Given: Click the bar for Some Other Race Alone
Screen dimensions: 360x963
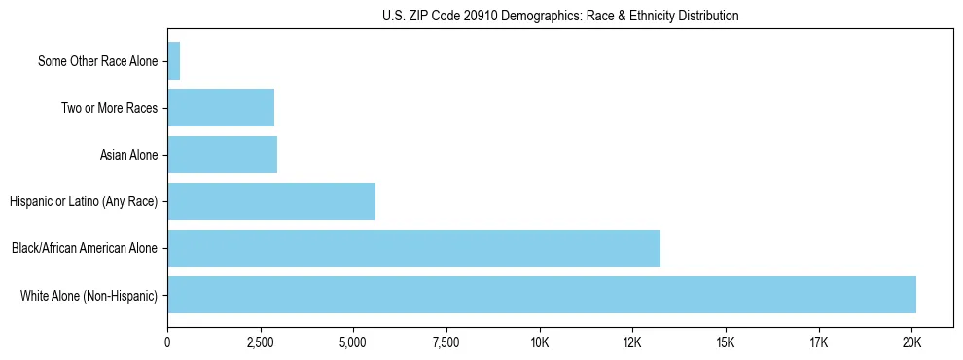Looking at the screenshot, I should click(x=174, y=61).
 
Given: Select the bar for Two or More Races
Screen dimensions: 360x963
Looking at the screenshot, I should click(x=221, y=108).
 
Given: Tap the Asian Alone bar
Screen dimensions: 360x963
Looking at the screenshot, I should click(x=223, y=155).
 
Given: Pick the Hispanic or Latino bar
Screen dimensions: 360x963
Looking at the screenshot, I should click(x=271, y=201).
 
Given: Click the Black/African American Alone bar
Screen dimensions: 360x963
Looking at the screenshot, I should click(x=413, y=248).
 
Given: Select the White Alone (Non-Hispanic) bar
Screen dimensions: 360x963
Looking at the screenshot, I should click(x=542, y=295).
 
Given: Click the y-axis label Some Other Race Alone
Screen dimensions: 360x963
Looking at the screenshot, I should click(x=97, y=61).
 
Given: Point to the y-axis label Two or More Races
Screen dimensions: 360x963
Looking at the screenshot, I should click(x=109, y=108).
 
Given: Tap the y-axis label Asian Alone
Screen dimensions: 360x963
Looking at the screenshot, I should click(x=128, y=155).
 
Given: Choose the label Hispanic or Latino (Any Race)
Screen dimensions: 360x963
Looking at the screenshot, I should click(x=84, y=201).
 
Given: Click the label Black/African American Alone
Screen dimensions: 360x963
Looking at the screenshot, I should click(x=85, y=248).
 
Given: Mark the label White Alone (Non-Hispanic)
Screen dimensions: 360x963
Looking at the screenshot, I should click(x=89, y=295).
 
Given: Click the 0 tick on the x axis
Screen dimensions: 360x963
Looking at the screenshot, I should click(x=167, y=342).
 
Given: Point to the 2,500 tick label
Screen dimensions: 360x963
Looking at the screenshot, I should click(x=261, y=342).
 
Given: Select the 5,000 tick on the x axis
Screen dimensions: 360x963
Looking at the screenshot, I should click(x=353, y=342).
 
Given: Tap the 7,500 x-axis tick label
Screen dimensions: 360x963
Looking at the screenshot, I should click(x=446, y=342).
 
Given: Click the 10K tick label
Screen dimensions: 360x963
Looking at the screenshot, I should click(x=540, y=342).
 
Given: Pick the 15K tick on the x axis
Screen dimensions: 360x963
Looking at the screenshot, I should click(x=726, y=342).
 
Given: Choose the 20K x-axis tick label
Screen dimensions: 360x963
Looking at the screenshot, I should click(x=911, y=342).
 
